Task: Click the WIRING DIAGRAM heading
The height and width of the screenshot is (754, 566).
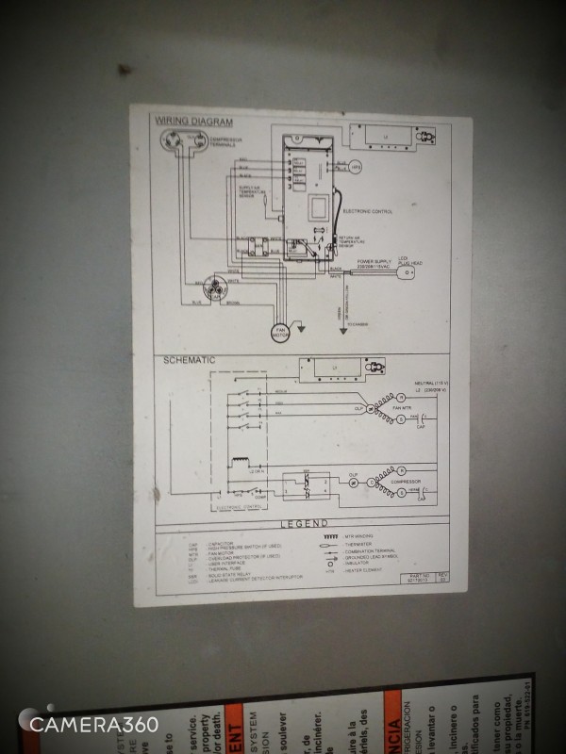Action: (x=194, y=121)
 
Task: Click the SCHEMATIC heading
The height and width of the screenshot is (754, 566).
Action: (x=190, y=360)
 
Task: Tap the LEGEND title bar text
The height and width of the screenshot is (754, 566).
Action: (x=305, y=523)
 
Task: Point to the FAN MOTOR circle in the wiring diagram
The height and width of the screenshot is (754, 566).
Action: (x=280, y=332)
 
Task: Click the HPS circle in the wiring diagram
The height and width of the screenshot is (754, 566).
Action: (x=356, y=167)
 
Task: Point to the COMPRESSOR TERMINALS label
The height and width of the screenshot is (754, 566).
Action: (x=223, y=141)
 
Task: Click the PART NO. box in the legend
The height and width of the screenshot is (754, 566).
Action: (x=419, y=574)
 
